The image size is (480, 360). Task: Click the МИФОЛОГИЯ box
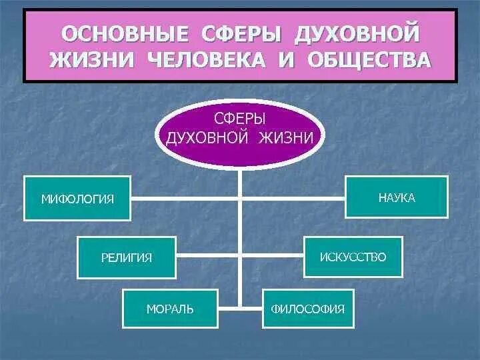click(78, 199)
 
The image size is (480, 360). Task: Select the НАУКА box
click(396, 197)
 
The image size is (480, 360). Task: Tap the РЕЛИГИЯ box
click(127, 257)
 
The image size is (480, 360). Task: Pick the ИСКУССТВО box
click(353, 257)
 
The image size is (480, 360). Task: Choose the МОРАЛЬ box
click(170, 309)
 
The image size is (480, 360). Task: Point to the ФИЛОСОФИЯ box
click(308, 309)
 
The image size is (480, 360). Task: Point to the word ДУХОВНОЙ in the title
click(361, 32)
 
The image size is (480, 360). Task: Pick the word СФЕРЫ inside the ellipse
click(240, 118)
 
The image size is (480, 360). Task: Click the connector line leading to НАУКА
click(293, 198)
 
